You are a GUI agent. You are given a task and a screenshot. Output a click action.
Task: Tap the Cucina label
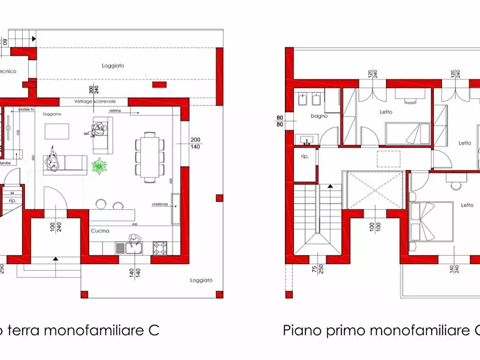(x=100, y=231)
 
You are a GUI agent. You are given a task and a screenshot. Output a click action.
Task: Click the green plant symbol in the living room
(x=99, y=166)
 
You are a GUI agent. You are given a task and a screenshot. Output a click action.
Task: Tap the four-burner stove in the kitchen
(x=160, y=248)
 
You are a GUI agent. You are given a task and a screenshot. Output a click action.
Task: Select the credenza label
(x=160, y=204)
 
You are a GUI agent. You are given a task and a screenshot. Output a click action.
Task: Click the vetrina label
(x=114, y=111)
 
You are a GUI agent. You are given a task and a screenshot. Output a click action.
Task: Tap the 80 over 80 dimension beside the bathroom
(x=280, y=121)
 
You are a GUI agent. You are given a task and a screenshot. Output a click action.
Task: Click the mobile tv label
(x=26, y=109)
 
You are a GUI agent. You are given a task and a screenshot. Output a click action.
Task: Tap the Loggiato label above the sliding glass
(x=113, y=66)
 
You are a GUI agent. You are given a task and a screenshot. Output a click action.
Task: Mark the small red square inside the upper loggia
(x=159, y=84)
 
